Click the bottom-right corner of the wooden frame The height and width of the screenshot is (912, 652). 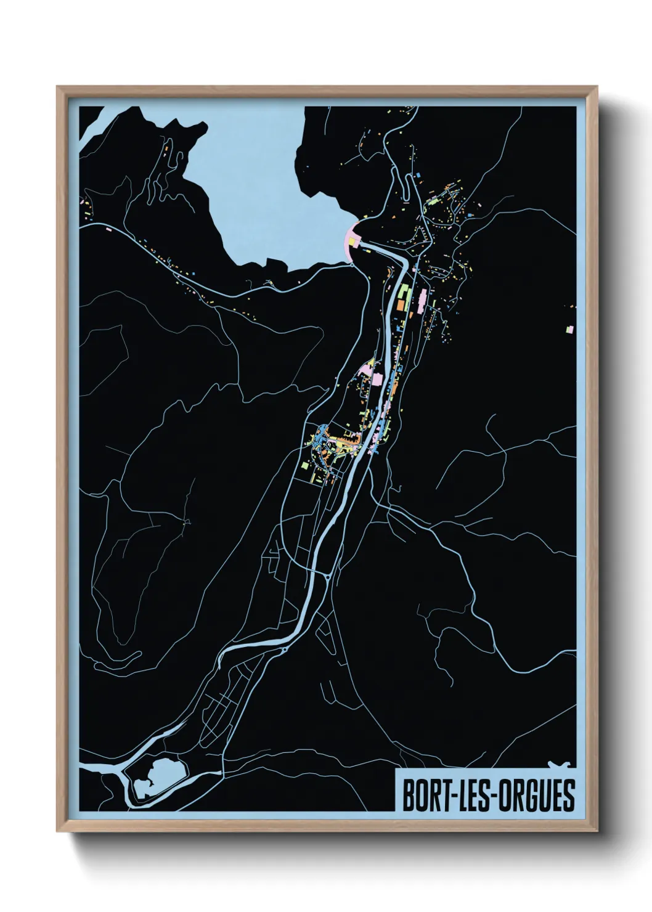pyautogui.click(x=597, y=833)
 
